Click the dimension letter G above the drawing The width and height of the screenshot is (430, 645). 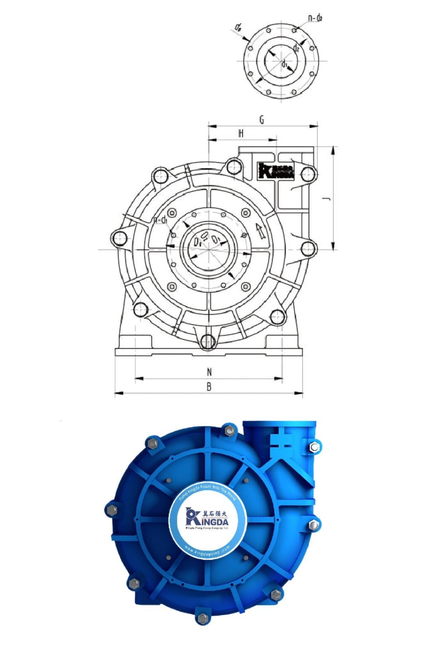[x=261, y=120]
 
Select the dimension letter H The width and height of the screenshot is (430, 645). [x=241, y=134]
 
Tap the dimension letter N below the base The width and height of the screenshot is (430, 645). [x=209, y=372]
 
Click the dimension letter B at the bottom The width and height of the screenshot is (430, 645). [x=209, y=387]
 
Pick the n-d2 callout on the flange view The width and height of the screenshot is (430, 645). [x=315, y=18]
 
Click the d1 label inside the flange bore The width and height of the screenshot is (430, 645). [x=285, y=64]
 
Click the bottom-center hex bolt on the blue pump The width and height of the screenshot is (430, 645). [x=203, y=618]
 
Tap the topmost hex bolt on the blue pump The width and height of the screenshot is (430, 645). [x=229, y=430]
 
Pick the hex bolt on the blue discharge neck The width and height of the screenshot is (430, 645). [x=314, y=447]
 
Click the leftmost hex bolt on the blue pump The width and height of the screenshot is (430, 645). [x=112, y=510]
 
